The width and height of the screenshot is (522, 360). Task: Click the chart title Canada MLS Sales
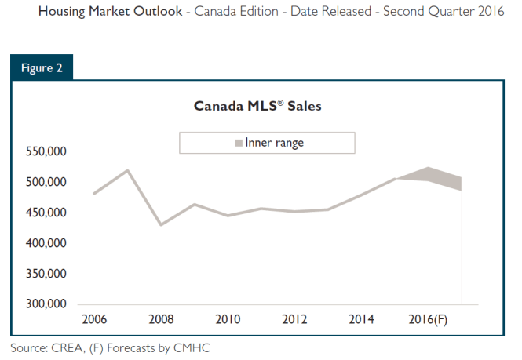pos(257,107)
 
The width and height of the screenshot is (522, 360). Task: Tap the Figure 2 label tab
pos(42,67)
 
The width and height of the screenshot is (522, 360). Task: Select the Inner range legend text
pos(274,143)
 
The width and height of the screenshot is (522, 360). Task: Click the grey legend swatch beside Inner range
pos(239,144)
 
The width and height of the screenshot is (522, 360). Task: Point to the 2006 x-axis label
pos(94,319)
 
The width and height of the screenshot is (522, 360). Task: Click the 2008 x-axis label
pos(161,319)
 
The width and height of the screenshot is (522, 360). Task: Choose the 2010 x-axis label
pos(228,319)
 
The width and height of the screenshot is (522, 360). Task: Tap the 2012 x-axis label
pos(295,319)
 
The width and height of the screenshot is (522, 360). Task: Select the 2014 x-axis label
pos(362,319)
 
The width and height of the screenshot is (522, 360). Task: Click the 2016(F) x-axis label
pos(429,319)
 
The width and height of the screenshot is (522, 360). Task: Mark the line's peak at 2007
pos(127,170)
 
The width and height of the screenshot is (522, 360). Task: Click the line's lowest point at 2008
pos(161,225)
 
